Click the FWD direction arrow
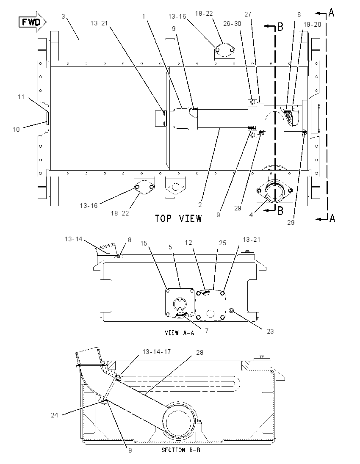[x=33, y=22]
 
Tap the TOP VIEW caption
[x=179, y=219]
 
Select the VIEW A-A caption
[x=180, y=333]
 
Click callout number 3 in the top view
[x=63, y=17]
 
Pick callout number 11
[x=21, y=97]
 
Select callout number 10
[x=16, y=129]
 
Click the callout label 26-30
[x=232, y=23]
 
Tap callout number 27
[x=248, y=14]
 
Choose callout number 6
[x=299, y=15]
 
